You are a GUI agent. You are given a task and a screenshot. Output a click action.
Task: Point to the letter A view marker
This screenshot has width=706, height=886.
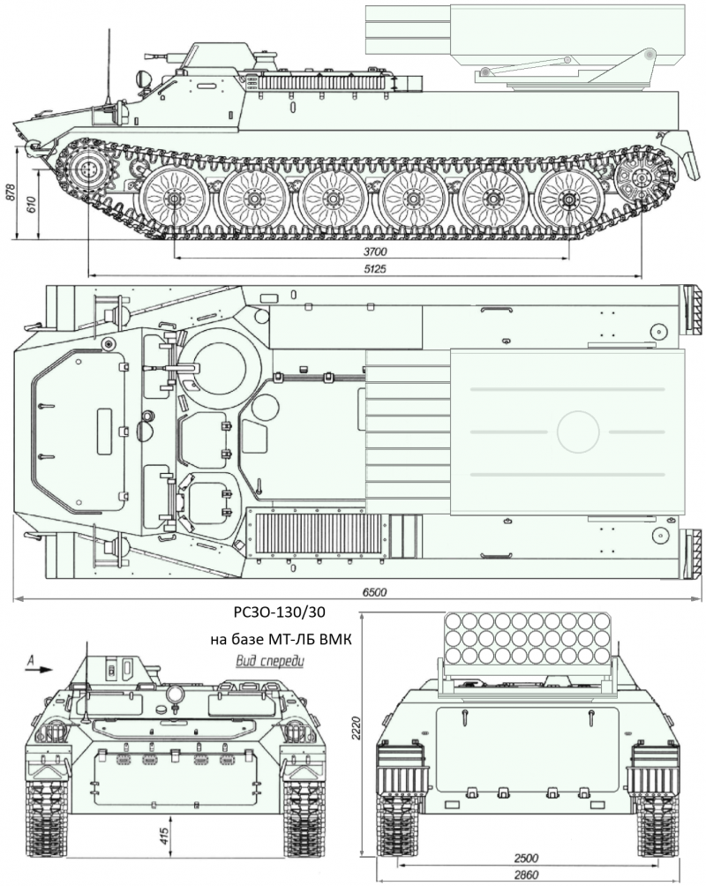[31, 657]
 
